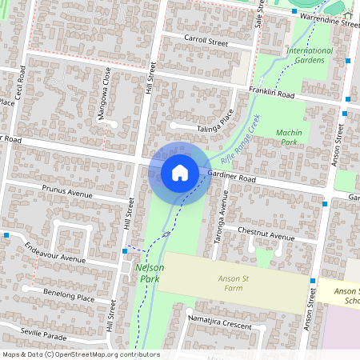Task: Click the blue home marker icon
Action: pyautogui.click(x=180, y=172)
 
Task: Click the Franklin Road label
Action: pyautogui.click(x=272, y=93)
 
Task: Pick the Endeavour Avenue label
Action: pyautogui.click(x=54, y=253)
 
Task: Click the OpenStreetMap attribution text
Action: pyautogui.click(x=80, y=354)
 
